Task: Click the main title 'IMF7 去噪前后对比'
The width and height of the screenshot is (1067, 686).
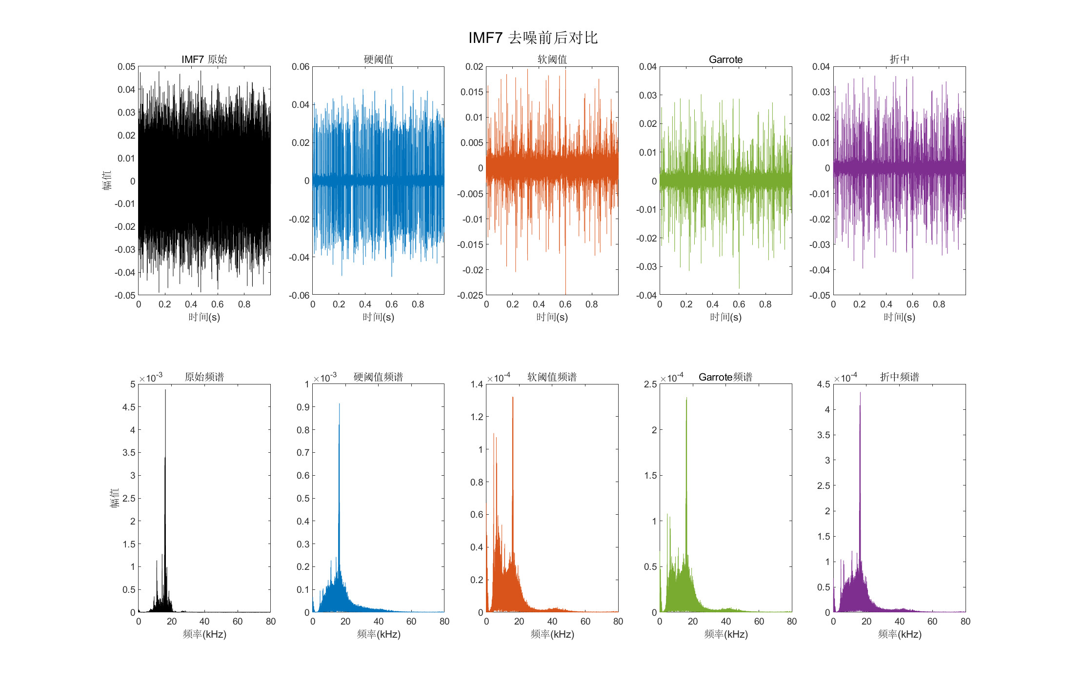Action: pyautogui.click(x=533, y=38)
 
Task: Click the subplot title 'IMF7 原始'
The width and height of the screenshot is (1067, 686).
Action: pyautogui.click(x=204, y=60)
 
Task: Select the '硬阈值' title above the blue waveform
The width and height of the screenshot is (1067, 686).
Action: pyautogui.click(x=378, y=60)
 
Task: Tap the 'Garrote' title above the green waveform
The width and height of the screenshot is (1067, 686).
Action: pyautogui.click(x=725, y=60)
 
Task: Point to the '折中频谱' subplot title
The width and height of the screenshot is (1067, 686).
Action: pyautogui.click(x=899, y=377)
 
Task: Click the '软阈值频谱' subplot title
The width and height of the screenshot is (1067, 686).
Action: pyautogui.click(x=552, y=377)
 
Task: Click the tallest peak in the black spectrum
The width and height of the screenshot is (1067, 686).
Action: pyautogui.click(x=165, y=391)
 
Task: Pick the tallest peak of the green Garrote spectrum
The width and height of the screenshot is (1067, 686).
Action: pyautogui.click(x=686, y=399)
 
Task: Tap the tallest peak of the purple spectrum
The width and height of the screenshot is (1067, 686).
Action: pyautogui.click(x=860, y=393)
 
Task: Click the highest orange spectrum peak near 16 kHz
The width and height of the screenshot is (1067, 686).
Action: pyautogui.click(x=513, y=398)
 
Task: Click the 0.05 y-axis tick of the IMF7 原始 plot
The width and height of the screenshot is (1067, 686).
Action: pyautogui.click(x=126, y=67)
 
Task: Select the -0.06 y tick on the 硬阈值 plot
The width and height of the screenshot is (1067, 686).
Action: pyautogui.click(x=299, y=295)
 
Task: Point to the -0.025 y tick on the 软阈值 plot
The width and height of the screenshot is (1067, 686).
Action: pyautogui.click(x=470, y=295)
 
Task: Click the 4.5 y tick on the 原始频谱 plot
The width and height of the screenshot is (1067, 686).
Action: pyautogui.click(x=129, y=407)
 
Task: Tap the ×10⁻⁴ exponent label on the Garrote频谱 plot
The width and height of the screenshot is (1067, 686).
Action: pyautogui.click(x=672, y=378)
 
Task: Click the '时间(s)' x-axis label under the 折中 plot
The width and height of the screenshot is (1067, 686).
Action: pyautogui.click(x=899, y=317)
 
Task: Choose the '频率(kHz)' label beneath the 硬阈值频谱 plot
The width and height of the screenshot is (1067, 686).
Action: pyautogui.click(x=378, y=634)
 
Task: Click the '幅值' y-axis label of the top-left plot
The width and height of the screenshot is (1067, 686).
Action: pyautogui.click(x=107, y=180)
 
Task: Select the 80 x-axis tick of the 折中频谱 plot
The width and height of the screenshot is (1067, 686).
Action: pyautogui.click(x=965, y=622)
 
